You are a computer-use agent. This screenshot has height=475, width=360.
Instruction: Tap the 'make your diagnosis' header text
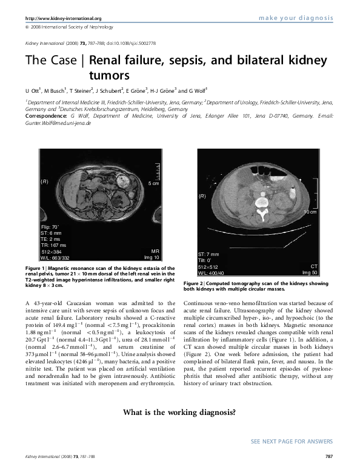tap(296, 18)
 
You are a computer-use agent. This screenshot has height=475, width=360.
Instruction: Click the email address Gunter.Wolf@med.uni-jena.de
tap(58, 123)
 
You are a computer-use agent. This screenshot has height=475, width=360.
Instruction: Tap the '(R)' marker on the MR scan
tap(44, 181)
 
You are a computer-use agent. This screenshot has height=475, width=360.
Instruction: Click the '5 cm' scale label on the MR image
tap(154, 183)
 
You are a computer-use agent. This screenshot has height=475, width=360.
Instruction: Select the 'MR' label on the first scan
tap(154, 251)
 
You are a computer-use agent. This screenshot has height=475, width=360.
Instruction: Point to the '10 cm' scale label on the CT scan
tap(310, 212)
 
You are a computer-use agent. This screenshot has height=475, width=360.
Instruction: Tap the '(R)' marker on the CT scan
tap(202, 197)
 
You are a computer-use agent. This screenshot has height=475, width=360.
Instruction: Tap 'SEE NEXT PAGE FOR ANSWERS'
tap(292, 440)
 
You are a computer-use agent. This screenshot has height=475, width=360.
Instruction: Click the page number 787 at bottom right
tap(330, 456)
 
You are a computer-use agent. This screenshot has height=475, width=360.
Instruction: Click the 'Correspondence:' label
tap(45, 115)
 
